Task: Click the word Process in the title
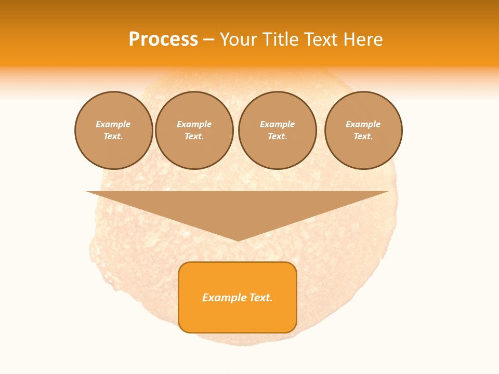coord(163,39)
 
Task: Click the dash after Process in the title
coord(209,40)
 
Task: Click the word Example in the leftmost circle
coord(113,124)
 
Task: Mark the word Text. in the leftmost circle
coord(113,136)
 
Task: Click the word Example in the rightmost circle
coord(363,124)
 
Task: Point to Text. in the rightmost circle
coord(363,136)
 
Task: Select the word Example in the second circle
coord(194,124)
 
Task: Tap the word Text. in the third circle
coord(278,136)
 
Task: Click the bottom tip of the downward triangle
coord(238,240)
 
